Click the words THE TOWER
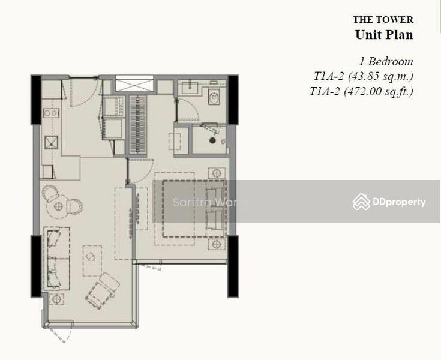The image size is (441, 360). click(383, 20)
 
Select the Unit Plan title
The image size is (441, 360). click(384, 35)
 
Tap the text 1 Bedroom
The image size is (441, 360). click(386, 61)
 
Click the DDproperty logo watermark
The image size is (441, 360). click(390, 202)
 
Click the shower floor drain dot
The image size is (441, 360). click(212, 140)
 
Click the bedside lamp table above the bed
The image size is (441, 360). click(217, 171)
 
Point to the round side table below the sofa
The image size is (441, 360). click(58, 298)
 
